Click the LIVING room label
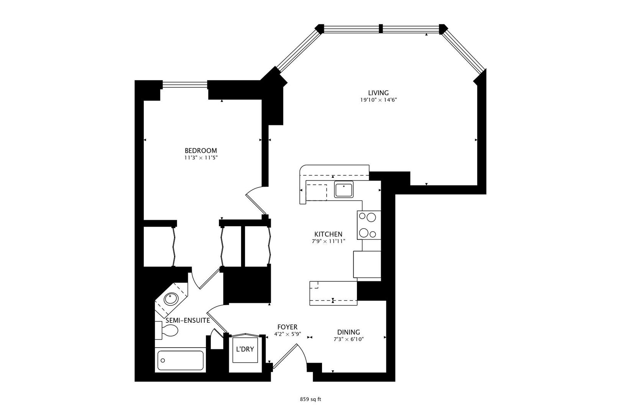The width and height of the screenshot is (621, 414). click(378, 93)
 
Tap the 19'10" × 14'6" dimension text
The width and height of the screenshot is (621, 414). click(378, 100)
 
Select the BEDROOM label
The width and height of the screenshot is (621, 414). click(200, 151)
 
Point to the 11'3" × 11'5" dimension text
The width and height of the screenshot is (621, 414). click(200, 158)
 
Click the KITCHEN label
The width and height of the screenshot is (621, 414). click(328, 234)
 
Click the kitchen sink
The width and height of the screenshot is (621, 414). click(343, 190)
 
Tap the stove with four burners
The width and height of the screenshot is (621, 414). click(368, 225)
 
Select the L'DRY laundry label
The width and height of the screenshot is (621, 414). click(245, 349)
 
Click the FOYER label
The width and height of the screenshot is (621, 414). click(287, 327)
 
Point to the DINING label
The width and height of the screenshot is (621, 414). click(348, 332)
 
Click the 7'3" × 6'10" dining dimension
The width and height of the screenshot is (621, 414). click(348, 339)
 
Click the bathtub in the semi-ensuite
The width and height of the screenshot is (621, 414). click(180, 360)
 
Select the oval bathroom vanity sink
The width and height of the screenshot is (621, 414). click(171, 298)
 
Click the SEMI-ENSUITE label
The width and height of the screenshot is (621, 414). click(187, 320)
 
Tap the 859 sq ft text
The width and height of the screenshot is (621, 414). click(310, 399)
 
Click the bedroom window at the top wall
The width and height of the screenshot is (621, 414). click(185, 84)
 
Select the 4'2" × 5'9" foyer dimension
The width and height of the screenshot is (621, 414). click(287, 334)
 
